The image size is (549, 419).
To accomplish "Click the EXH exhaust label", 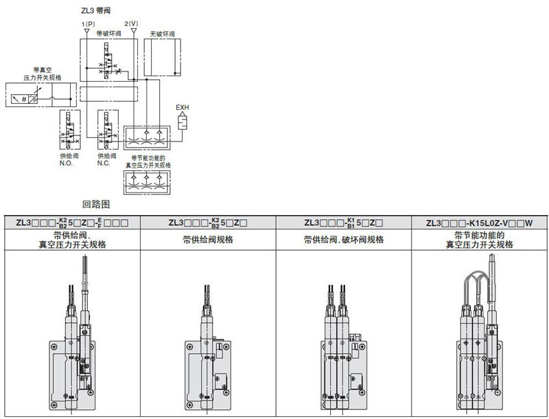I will coord(183,107).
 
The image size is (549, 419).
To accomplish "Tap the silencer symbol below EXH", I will coord(183,122).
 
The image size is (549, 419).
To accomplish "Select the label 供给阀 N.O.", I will coord(69,159).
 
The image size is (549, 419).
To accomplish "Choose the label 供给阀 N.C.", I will coord(104,159).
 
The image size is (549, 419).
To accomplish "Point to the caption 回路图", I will coord(96,204).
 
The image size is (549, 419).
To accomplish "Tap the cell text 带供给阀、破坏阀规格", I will coord(344,240).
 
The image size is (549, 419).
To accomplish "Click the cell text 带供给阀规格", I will coord(208,240).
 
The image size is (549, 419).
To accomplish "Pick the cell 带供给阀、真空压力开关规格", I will coord(72,240).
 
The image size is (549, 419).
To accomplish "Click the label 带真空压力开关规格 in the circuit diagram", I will coord(40,73).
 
